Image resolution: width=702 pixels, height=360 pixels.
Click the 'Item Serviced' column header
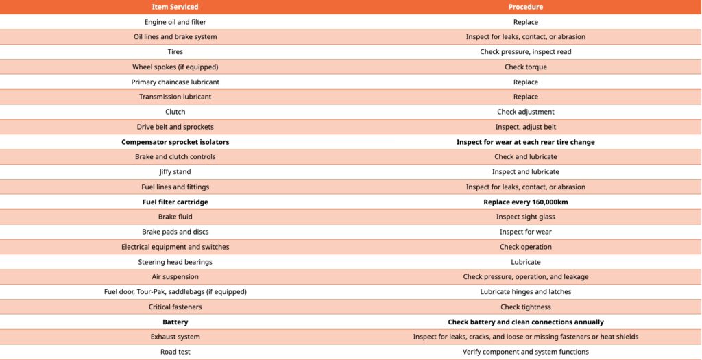(175, 7)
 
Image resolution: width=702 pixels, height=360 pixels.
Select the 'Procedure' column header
(526, 7)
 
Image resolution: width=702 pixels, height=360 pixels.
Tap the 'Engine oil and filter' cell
(175, 22)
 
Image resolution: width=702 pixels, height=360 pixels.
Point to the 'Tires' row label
(175, 52)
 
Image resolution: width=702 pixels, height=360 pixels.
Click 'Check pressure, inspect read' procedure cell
(526, 52)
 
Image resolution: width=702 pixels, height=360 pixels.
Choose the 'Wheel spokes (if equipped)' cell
(175, 67)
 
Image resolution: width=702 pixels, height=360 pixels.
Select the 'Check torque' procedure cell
(526, 67)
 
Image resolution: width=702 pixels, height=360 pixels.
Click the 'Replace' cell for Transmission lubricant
(526, 97)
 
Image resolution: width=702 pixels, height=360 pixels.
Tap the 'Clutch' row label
(175, 112)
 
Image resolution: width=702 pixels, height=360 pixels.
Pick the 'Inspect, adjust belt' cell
(526, 127)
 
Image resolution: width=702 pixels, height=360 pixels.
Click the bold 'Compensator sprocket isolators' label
(175, 142)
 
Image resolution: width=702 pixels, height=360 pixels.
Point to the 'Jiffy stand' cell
(175, 172)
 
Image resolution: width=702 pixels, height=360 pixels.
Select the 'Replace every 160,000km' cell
(526, 202)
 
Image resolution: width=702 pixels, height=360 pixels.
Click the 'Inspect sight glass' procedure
(526, 217)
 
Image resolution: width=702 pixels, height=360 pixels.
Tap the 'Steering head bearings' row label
(175, 262)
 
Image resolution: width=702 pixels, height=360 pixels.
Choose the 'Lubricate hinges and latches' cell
(526, 292)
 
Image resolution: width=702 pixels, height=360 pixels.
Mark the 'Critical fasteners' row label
(175, 307)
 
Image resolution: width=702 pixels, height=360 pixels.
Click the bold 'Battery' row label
(175, 322)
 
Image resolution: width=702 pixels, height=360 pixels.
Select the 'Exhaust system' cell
(175, 337)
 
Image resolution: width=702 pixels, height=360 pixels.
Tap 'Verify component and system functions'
(526, 352)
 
